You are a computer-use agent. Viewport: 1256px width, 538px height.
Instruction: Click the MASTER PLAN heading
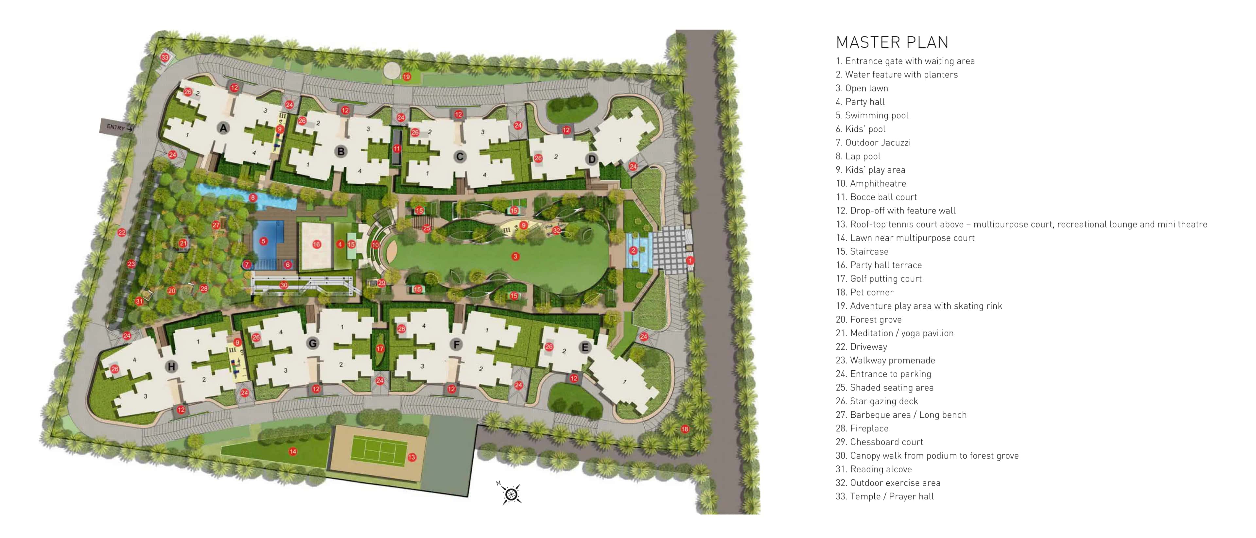(x=892, y=42)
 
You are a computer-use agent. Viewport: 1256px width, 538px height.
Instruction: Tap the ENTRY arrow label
(x=117, y=127)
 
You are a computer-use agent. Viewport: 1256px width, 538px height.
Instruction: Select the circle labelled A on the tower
(x=223, y=128)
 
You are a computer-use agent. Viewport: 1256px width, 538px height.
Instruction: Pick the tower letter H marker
(x=171, y=366)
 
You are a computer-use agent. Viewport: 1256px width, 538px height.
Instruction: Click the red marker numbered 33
(x=165, y=58)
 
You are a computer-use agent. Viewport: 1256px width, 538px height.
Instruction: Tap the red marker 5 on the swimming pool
(x=263, y=241)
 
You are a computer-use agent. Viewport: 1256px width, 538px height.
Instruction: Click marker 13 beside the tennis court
(x=412, y=457)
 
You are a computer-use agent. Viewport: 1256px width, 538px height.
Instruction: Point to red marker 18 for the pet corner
(x=685, y=429)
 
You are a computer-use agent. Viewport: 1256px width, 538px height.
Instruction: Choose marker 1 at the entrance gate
(x=690, y=261)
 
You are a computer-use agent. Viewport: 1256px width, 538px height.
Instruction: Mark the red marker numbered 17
(x=380, y=349)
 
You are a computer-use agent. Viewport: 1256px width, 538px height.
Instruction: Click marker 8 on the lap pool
(x=253, y=198)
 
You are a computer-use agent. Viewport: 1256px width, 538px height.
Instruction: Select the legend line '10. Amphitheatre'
(x=871, y=183)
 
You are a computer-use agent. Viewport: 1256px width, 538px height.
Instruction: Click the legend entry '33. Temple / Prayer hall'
(x=884, y=496)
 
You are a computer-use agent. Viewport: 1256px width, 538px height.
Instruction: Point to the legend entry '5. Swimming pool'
(x=872, y=115)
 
